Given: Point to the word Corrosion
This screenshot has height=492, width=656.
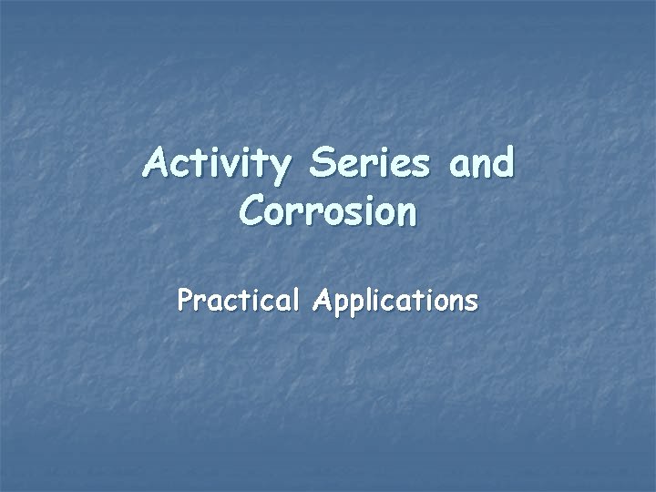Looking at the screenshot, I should (x=328, y=211).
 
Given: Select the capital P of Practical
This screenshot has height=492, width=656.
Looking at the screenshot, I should (x=187, y=301).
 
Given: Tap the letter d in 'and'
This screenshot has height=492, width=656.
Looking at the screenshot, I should (x=501, y=165).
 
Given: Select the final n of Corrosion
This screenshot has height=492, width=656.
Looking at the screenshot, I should (x=406, y=214).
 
